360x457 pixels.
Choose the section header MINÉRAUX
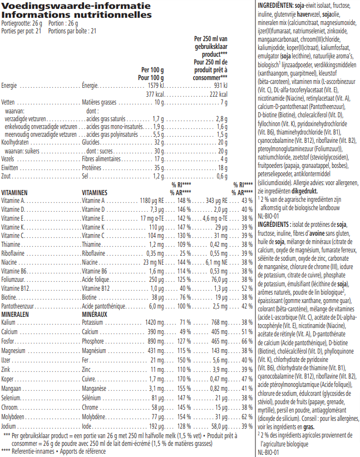[x=97, y=314]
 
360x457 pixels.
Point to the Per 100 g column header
[x=152, y=69]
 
